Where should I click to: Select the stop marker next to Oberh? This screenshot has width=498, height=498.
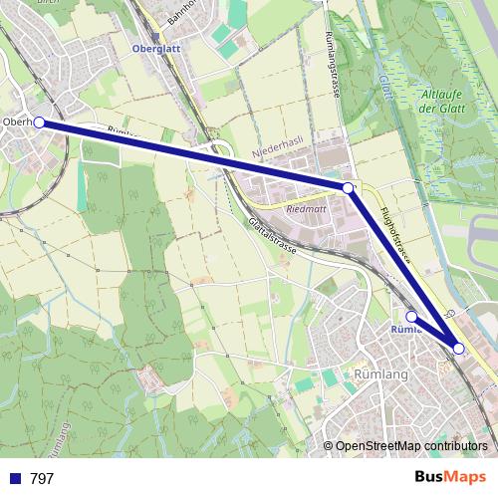tap(39, 123)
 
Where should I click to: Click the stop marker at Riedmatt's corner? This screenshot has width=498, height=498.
tap(348, 187)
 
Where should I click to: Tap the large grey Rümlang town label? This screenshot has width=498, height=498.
tap(379, 373)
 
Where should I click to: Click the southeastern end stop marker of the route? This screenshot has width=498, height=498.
tap(458, 348)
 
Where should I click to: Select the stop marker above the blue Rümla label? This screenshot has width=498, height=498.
tap(411, 316)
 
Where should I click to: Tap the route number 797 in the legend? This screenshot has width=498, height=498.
tap(42, 479)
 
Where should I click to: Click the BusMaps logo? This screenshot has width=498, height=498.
tap(449, 478)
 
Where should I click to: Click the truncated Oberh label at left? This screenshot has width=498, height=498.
tap(17, 123)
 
